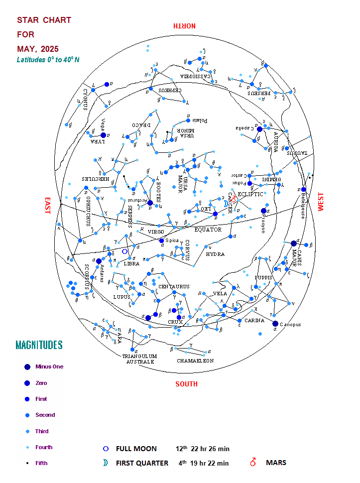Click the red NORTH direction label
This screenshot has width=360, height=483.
tap(184, 26)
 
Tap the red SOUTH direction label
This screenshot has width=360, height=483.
tap(186, 384)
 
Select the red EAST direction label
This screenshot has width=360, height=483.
tap(48, 206)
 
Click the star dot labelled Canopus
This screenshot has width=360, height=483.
tap(275, 324)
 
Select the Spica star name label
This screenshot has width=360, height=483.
tap(172, 241)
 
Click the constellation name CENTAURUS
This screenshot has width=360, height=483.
tap(174, 287)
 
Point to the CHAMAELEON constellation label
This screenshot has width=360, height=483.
tap(195, 361)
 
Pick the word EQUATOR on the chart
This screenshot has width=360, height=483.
tap(208, 230)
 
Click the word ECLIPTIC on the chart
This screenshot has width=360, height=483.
tap(250, 194)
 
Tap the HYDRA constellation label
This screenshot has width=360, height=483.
tap(215, 254)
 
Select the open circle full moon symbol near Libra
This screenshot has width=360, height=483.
tap(124, 251)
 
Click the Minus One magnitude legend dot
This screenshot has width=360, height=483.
tap(27, 367)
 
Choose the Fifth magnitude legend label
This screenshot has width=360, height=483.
tap(41, 463)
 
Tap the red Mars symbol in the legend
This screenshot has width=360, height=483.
tap(253, 463)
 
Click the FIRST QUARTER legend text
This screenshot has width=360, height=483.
tap(142, 463)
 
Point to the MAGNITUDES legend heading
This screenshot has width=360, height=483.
tap(39, 345)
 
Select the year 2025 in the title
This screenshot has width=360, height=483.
tap(49, 49)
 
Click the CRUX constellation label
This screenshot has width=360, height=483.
tap(175, 322)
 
